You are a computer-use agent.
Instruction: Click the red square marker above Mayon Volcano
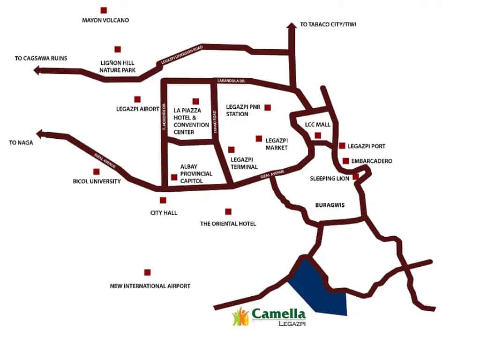(x=104, y=10)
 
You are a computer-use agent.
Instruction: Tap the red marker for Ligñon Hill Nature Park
(x=118, y=49)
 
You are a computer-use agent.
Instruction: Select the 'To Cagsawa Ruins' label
(x=41, y=59)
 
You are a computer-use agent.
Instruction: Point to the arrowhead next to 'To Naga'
(x=41, y=134)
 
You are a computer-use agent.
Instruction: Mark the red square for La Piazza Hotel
(x=195, y=101)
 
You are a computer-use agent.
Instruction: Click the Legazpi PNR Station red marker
(x=267, y=107)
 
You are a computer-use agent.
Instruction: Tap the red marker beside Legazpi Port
(x=342, y=146)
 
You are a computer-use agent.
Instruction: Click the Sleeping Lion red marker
(x=356, y=177)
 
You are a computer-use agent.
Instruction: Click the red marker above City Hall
(x=163, y=200)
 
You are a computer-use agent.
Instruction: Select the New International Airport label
(x=150, y=286)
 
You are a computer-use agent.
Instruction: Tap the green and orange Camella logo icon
(x=240, y=316)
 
